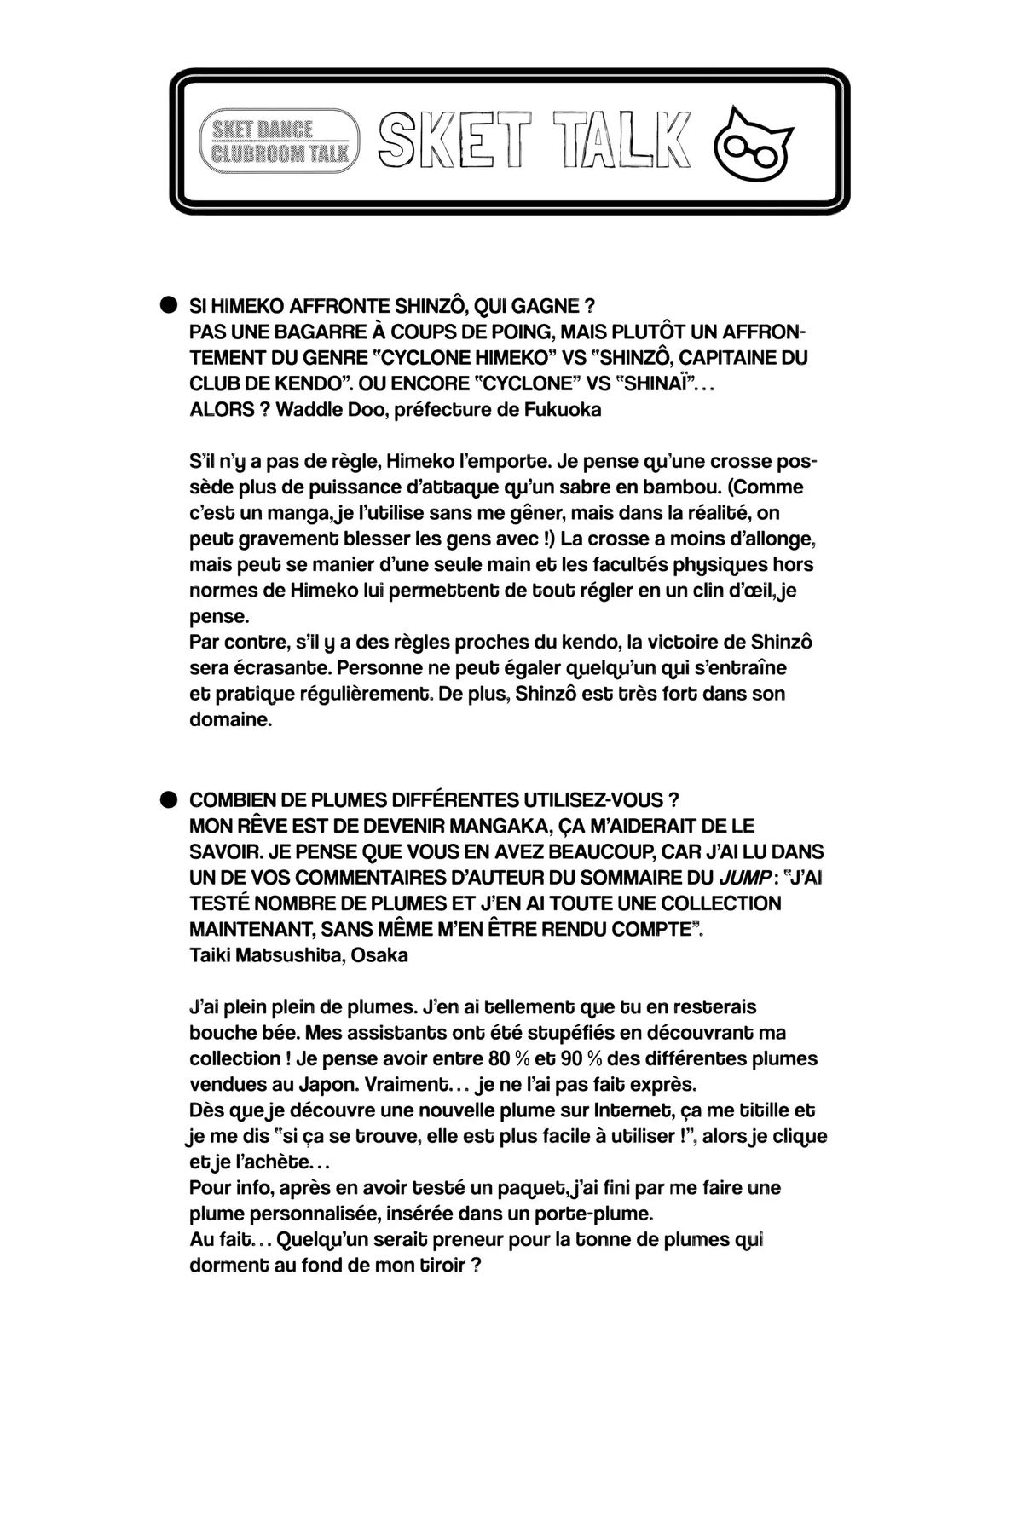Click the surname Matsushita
point(281,955)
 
